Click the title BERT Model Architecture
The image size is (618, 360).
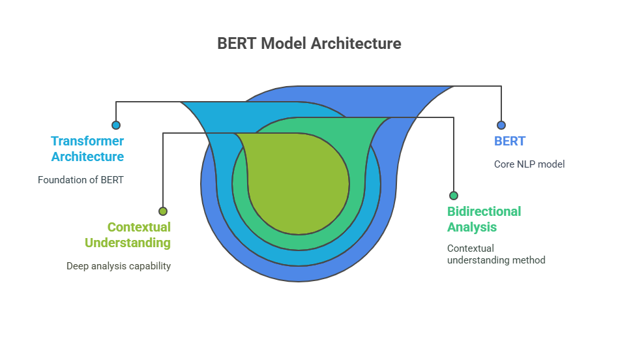click(309, 44)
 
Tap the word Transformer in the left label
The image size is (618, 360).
click(87, 141)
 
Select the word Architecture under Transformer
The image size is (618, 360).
click(87, 157)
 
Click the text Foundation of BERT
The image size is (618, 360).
click(80, 179)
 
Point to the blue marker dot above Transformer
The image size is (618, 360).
click(116, 125)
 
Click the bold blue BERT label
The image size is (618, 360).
click(510, 141)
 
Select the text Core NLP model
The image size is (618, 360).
click(529, 164)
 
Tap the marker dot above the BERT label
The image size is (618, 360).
click(501, 125)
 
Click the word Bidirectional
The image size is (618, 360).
click(484, 211)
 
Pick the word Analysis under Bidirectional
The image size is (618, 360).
click(472, 227)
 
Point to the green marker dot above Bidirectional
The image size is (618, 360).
click(453, 196)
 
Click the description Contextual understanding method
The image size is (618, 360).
click(495, 254)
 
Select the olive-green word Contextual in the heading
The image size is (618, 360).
click(139, 227)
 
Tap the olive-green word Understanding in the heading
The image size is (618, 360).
click(128, 243)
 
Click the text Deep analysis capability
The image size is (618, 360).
click(118, 265)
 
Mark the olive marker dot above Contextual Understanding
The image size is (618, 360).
click(163, 211)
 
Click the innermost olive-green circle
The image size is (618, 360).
click(300, 183)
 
